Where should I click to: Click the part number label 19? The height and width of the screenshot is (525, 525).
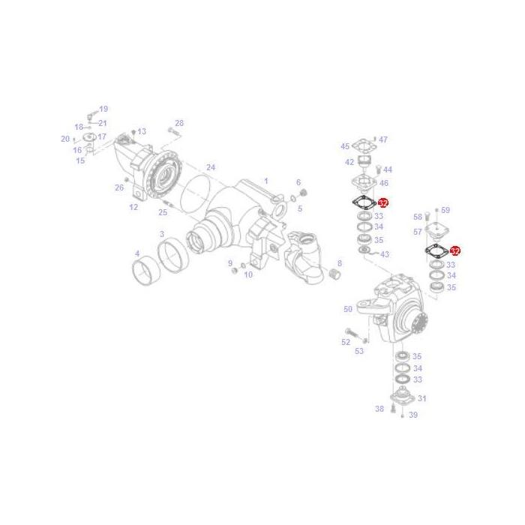coord(103,109)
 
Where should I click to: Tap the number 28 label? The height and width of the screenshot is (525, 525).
coord(179,123)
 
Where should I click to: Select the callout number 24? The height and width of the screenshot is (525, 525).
coord(211,167)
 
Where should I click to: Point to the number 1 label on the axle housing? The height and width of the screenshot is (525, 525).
coord(265,181)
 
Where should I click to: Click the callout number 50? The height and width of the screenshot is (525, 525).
coord(348,309)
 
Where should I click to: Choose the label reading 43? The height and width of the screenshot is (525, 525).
coord(385,254)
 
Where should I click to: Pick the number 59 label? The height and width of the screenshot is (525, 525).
coord(445,211)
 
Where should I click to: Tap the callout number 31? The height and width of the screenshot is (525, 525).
coord(421,398)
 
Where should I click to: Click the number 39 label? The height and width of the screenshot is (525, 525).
coord(413,415)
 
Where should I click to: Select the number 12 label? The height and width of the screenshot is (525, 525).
coord(133,207)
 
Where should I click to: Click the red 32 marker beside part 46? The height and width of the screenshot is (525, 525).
coord(383,203)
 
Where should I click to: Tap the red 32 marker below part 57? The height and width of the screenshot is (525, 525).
coord(454,251)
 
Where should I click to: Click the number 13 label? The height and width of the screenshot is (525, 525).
coord(142,132)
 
